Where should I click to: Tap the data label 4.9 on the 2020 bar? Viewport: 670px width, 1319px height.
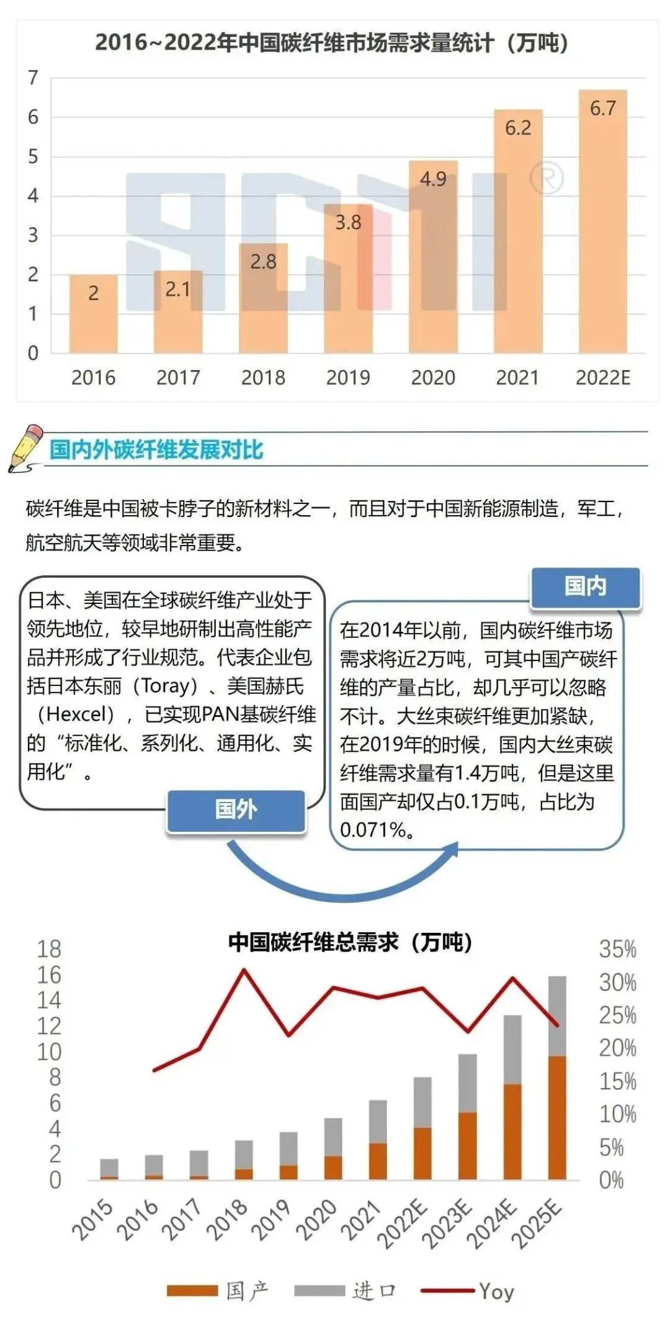[433, 179]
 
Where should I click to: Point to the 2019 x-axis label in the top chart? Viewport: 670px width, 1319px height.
[348, 377]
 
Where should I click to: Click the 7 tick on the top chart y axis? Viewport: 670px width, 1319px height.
[33, 78]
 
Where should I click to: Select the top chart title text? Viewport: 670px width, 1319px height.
[331, 43]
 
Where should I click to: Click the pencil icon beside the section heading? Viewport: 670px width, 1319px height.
[26, 448]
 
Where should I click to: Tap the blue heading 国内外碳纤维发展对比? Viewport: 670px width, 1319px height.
[156, 450]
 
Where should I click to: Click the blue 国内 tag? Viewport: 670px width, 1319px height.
[585, 587]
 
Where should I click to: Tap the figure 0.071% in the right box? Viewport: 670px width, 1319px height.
[372, 830]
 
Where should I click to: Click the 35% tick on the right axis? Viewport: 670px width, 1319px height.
[617, 949]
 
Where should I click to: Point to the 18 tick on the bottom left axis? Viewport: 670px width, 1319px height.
[49, 949]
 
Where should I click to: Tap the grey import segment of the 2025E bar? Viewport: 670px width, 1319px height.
[557, 1016]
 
